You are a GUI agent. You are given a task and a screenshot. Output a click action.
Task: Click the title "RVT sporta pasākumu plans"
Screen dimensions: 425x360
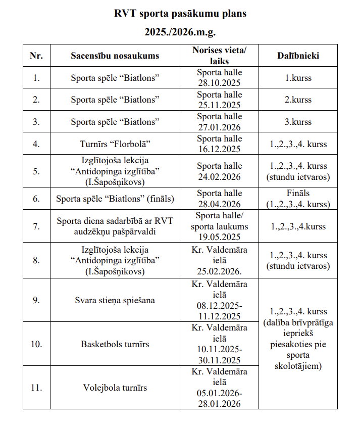click(180, 14)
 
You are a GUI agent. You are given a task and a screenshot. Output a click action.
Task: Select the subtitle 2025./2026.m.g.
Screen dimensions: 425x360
click(180, 32)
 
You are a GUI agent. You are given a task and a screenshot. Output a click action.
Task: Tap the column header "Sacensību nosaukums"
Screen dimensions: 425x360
click(115, 56)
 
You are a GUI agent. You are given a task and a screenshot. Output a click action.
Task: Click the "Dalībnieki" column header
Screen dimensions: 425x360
click(298, 56)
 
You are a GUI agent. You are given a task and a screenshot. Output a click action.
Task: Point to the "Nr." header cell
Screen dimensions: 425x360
click(36, 56)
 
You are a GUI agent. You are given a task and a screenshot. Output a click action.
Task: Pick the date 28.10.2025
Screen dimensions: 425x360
click(219, 83)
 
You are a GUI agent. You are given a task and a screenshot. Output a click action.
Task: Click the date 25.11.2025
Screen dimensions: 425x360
click(219, 105)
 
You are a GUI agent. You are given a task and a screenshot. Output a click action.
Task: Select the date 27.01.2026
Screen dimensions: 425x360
click(219, 127)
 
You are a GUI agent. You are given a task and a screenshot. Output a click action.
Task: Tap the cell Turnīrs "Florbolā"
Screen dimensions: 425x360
click(115, 144)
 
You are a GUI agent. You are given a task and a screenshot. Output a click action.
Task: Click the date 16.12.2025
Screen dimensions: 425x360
click(219, 149)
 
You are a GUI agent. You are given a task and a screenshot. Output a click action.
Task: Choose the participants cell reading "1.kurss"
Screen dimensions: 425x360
click(298, 78)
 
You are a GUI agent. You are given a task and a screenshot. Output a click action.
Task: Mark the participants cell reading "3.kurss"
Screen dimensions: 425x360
click(298, 122)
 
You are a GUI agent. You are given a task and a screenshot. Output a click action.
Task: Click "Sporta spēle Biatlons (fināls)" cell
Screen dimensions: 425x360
click(115, 199)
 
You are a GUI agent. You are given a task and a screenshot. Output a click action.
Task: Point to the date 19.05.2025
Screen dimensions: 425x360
click(219, 237)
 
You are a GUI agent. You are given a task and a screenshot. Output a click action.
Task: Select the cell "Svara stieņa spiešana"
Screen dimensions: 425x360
click(115, 300)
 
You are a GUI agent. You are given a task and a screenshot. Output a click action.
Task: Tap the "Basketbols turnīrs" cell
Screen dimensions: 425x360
click(115, 344)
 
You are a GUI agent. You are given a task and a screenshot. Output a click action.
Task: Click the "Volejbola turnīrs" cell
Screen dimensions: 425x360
click(115, 388)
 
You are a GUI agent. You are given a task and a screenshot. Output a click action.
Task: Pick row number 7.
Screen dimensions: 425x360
click(36, 226)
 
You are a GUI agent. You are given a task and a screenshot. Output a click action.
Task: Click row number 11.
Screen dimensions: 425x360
click(36, 388)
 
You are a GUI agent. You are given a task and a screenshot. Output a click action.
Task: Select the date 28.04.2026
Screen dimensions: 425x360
click(219, 204)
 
